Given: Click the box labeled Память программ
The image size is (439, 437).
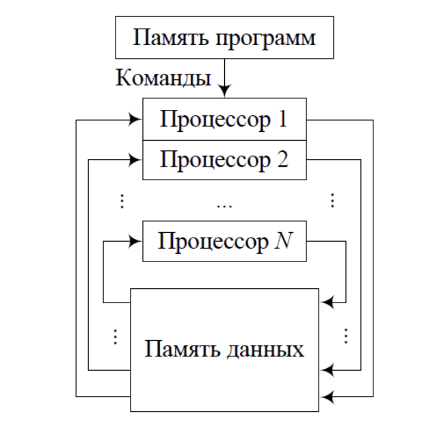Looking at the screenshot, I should click(224, 38).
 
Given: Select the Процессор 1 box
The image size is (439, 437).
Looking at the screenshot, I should click(224, 119).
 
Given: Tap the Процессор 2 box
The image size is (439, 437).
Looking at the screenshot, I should click(224, 160).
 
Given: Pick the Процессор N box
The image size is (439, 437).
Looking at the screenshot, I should click(224, 241).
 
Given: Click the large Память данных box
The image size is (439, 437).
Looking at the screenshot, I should click(224, 350).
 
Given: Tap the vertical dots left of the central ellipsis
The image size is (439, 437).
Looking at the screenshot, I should click(122, 201).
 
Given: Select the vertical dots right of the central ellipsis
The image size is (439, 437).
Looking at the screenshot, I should click(332, 201).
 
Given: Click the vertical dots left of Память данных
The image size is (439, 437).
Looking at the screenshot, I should click(114, 336).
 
